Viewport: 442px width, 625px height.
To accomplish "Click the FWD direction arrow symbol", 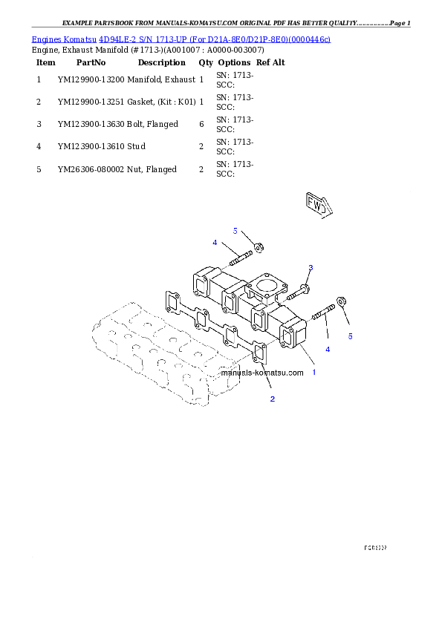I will click(317, 206).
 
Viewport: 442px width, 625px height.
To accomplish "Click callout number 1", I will click(313, 372).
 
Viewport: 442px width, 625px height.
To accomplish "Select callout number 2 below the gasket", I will click(273, 399).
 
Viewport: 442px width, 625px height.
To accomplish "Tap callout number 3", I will click(311, 267).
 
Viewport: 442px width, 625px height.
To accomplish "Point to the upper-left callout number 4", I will click(215, 243).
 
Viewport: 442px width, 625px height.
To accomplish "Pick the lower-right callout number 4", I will click(328, 349).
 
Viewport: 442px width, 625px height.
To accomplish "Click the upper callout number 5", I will click(235, 231).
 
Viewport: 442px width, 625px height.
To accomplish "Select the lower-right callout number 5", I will click(351, 336).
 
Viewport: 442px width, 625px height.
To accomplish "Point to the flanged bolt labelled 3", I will click(301, 287).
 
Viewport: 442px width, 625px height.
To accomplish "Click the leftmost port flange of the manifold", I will click(201, 286).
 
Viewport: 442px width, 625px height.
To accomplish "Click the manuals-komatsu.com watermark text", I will click(262, 373).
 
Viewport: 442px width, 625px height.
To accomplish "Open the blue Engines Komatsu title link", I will click(181, 38).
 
